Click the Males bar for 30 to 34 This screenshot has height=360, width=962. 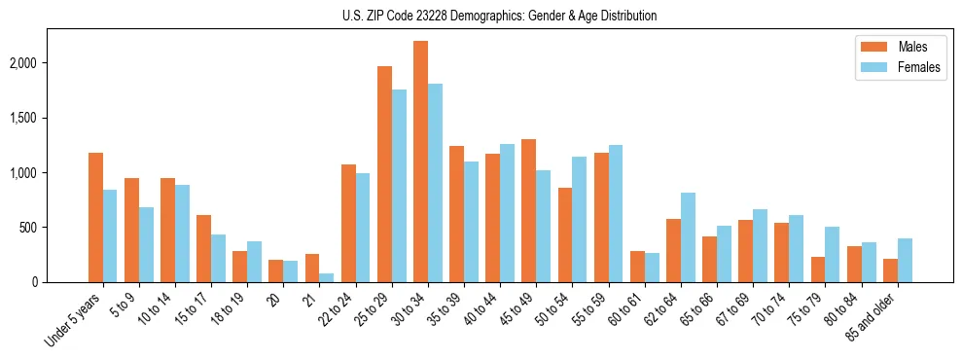[x=420, y=162]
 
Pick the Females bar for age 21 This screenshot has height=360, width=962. [x=326, y=277]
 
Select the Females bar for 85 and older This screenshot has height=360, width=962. [x=905, y=260]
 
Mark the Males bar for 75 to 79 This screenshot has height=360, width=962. [x=818, y=270]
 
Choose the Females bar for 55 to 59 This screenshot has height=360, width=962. [x=616, y=213]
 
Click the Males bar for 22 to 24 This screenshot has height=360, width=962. [x=348, y=223]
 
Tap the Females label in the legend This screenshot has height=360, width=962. [x=919, y=67]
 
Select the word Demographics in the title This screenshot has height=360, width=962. [x=517, y=16]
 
